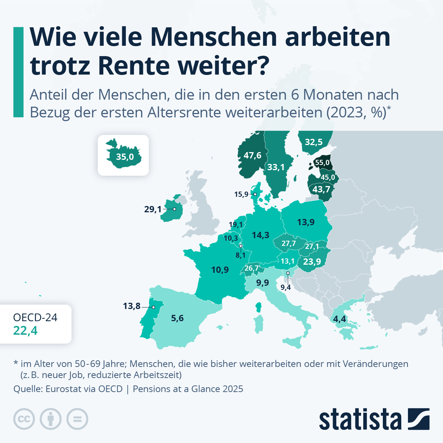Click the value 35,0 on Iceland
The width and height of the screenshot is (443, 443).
coord(125,157)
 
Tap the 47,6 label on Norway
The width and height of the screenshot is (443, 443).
coord(252,155)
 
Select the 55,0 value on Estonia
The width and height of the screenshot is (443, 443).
coord(322,163)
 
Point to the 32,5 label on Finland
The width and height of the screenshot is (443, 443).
coord(313,142)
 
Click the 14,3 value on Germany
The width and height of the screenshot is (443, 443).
coord(260,235)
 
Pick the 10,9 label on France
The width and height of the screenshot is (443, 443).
coord(220,270)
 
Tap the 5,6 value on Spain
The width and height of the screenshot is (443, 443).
coord(177,318)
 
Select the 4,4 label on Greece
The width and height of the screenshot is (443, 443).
coord(339,319)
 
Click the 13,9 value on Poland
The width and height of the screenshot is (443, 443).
coord(306,222)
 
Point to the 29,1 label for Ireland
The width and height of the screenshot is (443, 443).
coord(153,209)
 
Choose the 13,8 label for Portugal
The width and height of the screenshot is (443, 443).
coord(132,306)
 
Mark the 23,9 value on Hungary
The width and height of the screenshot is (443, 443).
coord(312,262)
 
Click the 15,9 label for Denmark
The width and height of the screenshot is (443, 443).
coord(241,194)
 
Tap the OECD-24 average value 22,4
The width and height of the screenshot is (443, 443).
coord(25,330)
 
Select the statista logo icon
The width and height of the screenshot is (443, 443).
coord(419,419)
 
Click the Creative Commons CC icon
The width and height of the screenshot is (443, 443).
coord(24,419)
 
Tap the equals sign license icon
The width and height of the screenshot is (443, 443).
coord(77,419)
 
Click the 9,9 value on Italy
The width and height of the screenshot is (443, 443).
coord(262,283)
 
